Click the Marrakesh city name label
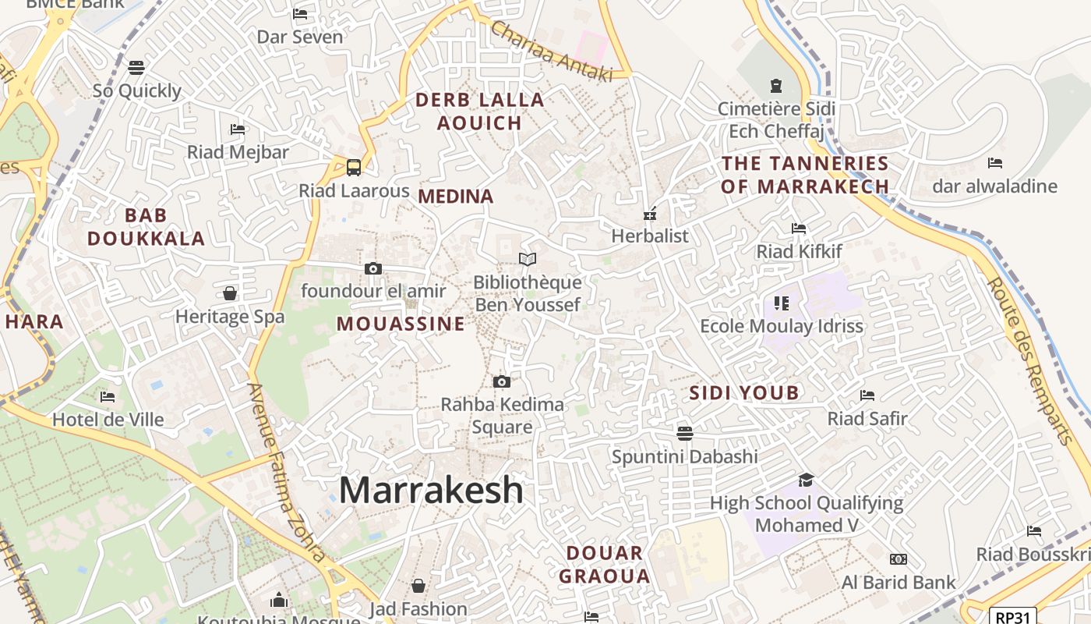(431, 490)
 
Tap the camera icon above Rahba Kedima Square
(502, 381)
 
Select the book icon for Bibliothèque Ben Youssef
(528, 259)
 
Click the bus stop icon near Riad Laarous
(354, 167)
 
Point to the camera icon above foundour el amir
(373, 268)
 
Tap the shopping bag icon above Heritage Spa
(230, 293)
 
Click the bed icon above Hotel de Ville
(108, 396)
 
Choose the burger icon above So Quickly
(136, 68)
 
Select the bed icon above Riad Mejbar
(238, 129)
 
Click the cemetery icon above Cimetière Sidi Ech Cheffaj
(775, 85)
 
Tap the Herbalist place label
(650, 236)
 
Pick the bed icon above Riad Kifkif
(799, 228)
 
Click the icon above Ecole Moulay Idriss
(781, 303)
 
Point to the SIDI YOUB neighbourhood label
(744, 393)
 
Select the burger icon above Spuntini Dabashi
(684, 432)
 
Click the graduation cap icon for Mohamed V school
(806, 480)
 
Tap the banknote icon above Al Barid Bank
(898, 558)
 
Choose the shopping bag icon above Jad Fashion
(418, 585)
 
